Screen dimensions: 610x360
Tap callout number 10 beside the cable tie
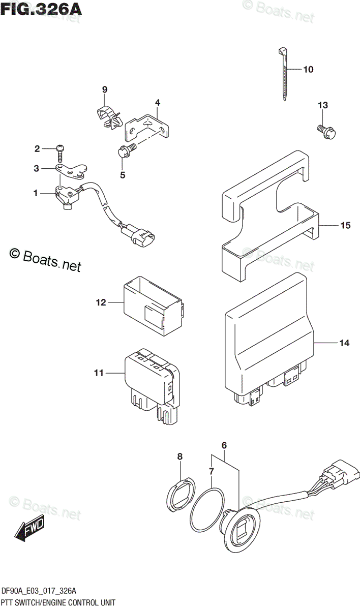coord(308,70)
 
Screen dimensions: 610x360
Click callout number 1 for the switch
coord(36,193)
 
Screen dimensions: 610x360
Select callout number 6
coord(224,446)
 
